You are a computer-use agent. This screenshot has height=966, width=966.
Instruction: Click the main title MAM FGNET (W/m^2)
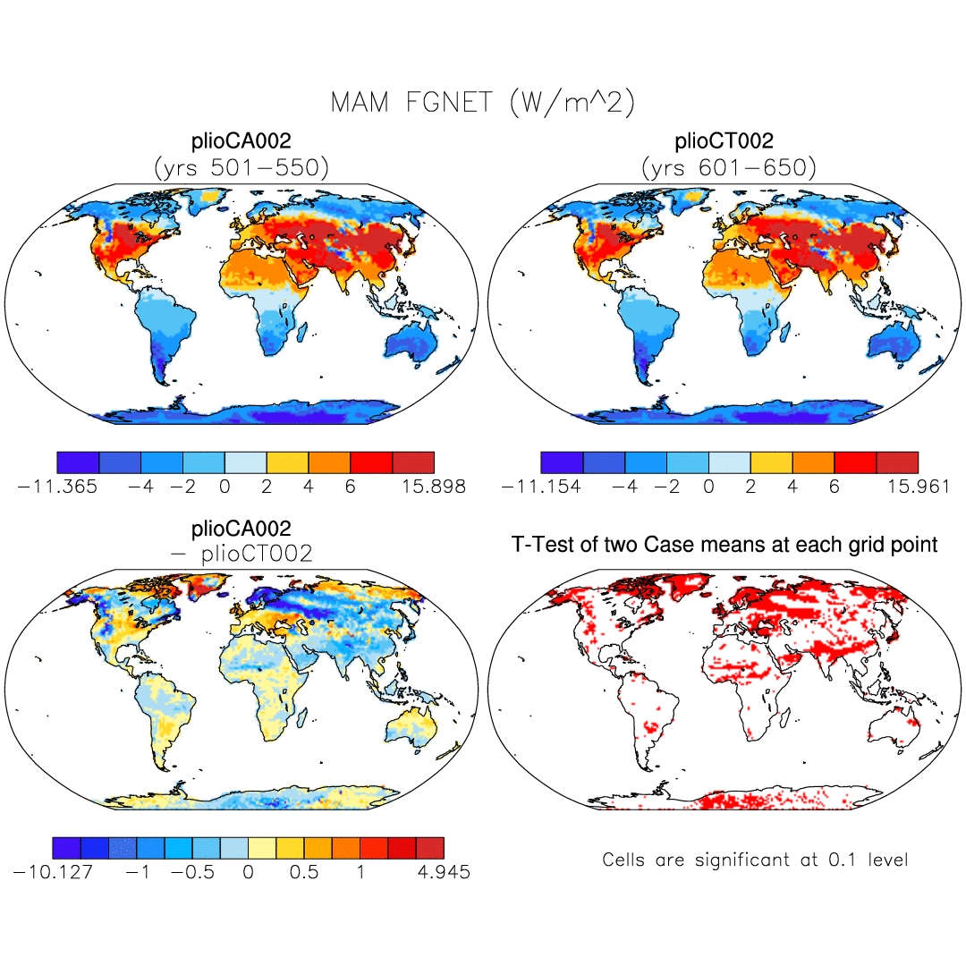483,102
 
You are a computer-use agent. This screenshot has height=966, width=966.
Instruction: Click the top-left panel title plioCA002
241,141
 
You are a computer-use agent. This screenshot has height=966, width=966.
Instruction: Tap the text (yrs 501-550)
241,166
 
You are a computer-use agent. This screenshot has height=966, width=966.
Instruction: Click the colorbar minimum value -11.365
57,487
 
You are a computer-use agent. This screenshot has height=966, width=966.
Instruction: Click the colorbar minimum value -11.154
541,487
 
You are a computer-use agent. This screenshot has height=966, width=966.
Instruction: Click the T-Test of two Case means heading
724,544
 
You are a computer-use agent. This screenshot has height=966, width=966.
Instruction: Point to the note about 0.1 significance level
755,860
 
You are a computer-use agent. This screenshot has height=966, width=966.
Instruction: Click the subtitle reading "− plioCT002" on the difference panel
241,554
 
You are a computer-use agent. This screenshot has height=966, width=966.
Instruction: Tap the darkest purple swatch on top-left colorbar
77,462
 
